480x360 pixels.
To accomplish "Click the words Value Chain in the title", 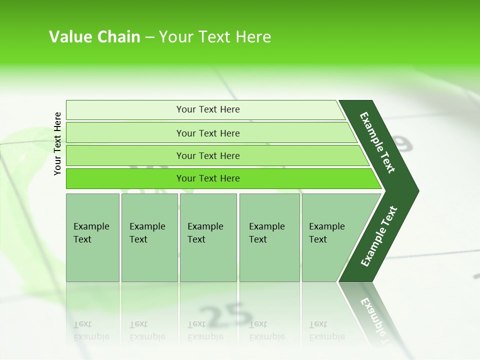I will (x=94, y=37).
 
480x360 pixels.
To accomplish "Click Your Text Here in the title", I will (x=215, y=37).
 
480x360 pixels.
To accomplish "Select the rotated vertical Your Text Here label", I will (x=57, y=143).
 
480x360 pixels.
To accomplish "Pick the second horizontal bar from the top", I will (x=208, y=133).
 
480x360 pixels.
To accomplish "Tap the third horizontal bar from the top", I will (x=208, y=155).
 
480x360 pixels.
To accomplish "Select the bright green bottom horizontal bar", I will (x=208, y=178).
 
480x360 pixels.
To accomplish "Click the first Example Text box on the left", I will (x=92, y=237).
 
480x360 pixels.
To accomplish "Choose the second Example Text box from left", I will (x=149, y=237).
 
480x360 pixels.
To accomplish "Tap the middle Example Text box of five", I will (x=208, y=237).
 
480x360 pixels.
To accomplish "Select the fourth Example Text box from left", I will (x=269, y=237).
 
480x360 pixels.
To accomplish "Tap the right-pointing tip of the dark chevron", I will (x=415, y=191).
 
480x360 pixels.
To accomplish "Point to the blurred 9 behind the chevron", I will (x=402, y=143).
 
